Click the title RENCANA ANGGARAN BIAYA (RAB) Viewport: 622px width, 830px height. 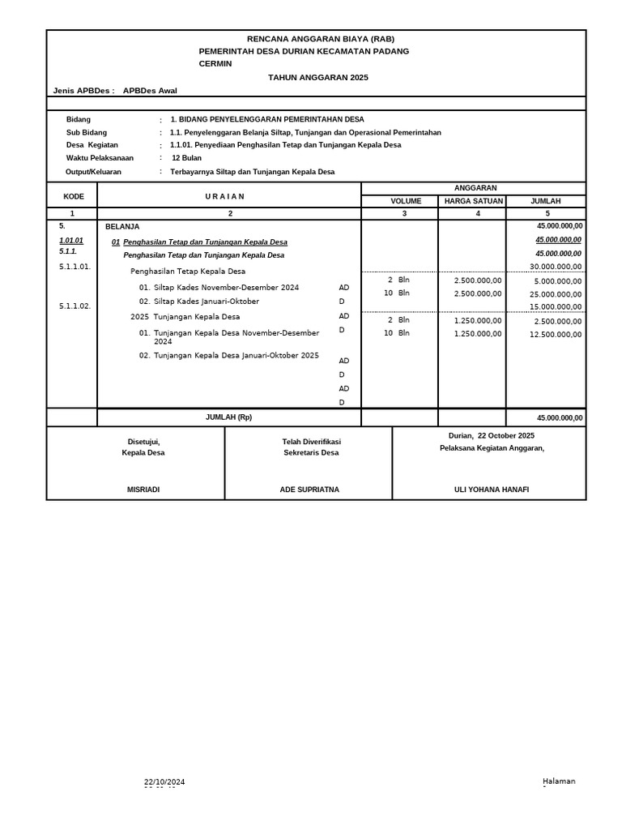click(321, 39)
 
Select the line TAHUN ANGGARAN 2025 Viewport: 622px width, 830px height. click(317, 77)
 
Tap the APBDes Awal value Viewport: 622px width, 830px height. click(150, 91)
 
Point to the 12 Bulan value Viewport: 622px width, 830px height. click(186, 158)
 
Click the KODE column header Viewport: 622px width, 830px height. click(74, 196)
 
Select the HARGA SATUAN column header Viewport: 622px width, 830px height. click(474, 201)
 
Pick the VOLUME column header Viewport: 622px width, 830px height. click(406, 201)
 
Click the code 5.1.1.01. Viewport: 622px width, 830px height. click(75, 267)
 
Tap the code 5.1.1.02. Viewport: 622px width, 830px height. click(75, 306)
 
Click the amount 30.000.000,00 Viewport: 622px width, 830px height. click(556, 267)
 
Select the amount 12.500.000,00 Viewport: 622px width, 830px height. click(556, 335)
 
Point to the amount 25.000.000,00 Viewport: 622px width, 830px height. click(556, 294)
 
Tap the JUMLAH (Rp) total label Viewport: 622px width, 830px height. click(228, 417)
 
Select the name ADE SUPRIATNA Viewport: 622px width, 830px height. click(309, 490)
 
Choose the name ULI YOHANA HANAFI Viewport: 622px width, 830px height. click(492, 490)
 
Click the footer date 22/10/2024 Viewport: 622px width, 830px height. click(164, 781)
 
